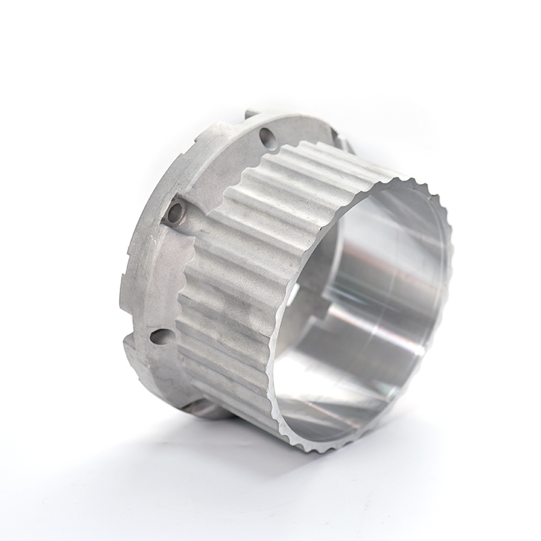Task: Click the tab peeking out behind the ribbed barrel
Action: pos(345,145)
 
